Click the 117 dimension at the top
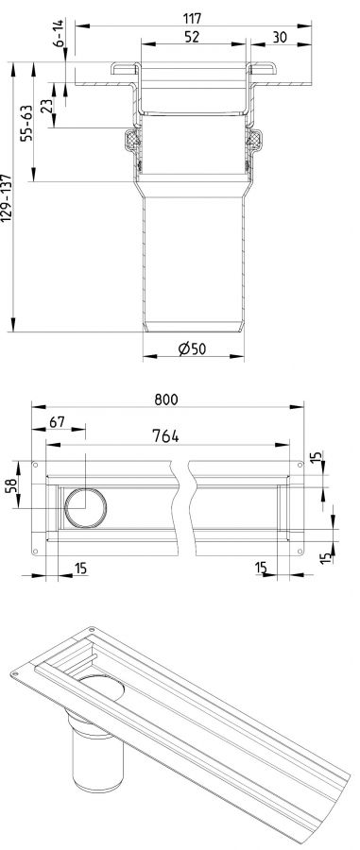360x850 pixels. tap(192, 19)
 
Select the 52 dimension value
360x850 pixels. tap(192, 37)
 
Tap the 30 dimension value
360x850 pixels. tap(280, 37)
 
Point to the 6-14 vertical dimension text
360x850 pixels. tap(59, 33)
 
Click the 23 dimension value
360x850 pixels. tap(46, 105)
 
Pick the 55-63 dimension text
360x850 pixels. tap(26, 123)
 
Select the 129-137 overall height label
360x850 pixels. tap(6, 198)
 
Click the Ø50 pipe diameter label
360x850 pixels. tap(192, 348)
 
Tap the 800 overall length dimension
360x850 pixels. tap(166, 399)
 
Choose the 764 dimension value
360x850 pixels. tap(165, 435)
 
